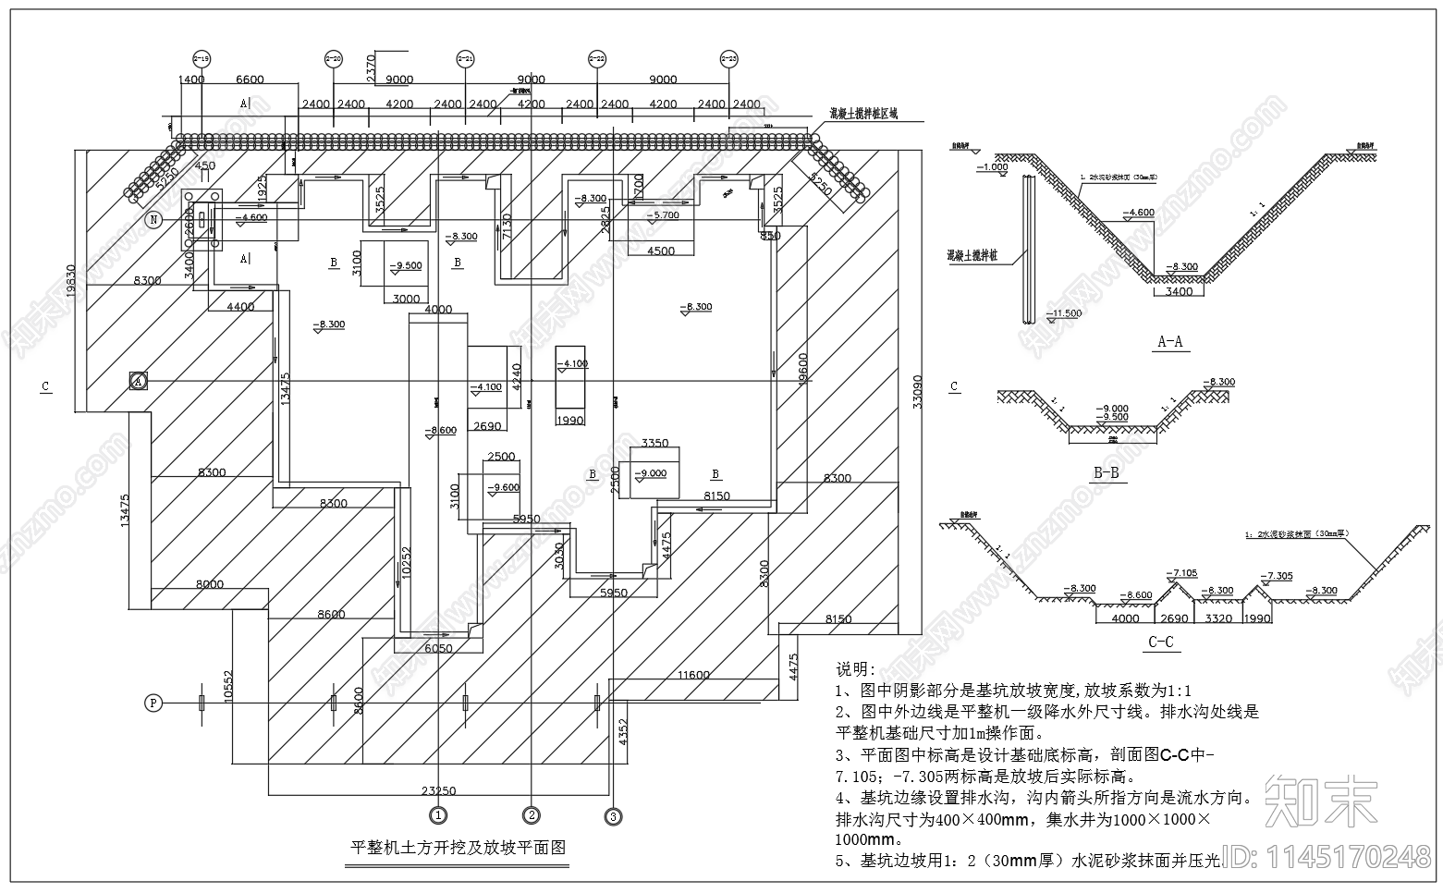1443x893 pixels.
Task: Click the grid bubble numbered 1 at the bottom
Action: point(438,814)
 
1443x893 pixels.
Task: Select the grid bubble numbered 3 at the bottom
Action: point(613,815)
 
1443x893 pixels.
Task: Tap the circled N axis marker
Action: point(155,219)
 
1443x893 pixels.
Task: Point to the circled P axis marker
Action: point(153,703)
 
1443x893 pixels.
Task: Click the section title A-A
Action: point(1170,342)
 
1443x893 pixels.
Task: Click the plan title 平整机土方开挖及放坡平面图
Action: point(457,847)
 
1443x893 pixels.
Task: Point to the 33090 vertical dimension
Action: point(917,388)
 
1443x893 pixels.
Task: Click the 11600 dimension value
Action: point(692,675)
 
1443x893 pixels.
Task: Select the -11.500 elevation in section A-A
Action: point(1065,314)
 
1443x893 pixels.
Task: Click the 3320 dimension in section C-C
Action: point(1219,618)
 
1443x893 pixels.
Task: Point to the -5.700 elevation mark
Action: point(662,214)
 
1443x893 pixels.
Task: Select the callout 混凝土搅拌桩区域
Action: point(862,114)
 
